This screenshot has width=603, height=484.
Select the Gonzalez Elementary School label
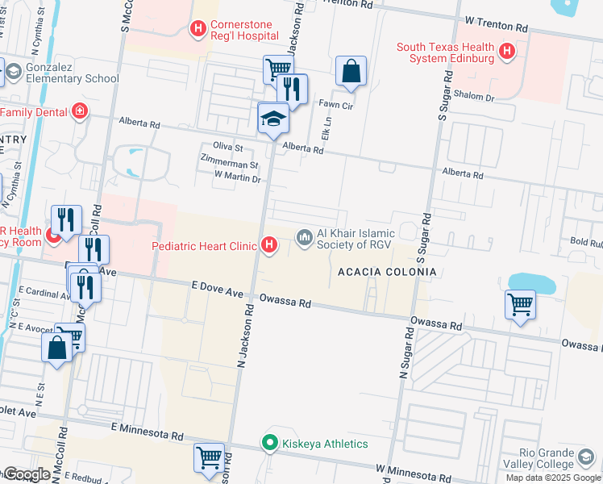click(73, 72)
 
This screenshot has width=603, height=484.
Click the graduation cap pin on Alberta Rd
click(273, 119)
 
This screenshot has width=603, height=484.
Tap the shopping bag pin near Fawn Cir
click(351, 72)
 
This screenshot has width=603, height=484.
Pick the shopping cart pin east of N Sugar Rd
click(520, 305)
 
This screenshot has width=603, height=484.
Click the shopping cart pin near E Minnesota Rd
click(209, 457)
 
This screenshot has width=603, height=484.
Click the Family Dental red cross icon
click(79, 111)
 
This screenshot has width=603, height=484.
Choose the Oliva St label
click(227, 148)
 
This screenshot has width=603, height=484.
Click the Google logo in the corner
click(27, 474)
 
